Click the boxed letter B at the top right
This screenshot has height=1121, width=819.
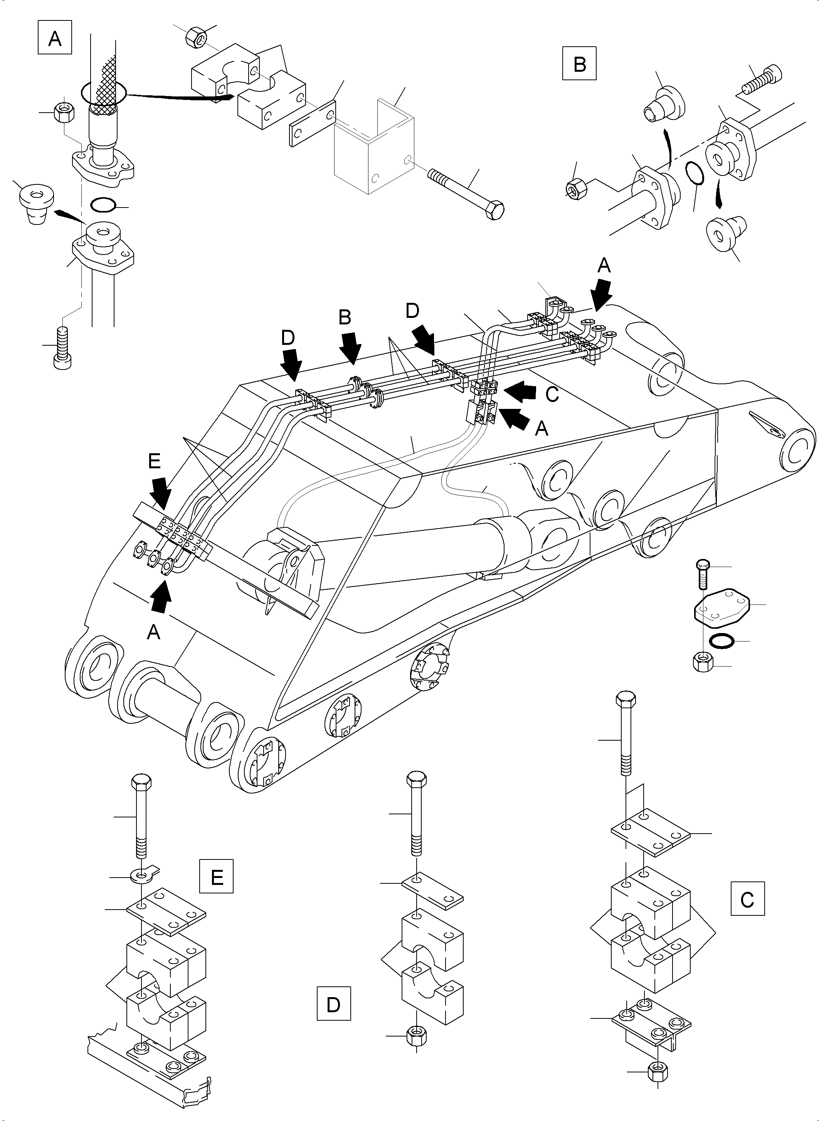(x=579, y=64)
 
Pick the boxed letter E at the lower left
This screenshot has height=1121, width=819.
(x=217, y=877)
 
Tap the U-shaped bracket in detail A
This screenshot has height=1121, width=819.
(x=374, y=149)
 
